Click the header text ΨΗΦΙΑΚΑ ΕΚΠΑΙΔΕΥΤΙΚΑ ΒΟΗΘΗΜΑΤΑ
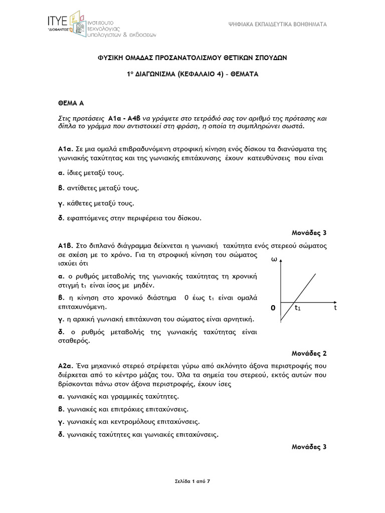click(277, 24)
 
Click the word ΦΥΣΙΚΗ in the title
click(109, 58)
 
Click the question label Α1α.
click(66, 149)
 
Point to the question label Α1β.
click(66, 246)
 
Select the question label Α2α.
click(66, 367)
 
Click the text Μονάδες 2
click(309, 354)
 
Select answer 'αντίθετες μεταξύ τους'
click(101, 188)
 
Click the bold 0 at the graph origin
click(273, 309)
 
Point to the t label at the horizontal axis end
click(336, 308)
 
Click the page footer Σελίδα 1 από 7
click(192, 481)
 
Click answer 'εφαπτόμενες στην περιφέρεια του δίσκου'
click(132, 218)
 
